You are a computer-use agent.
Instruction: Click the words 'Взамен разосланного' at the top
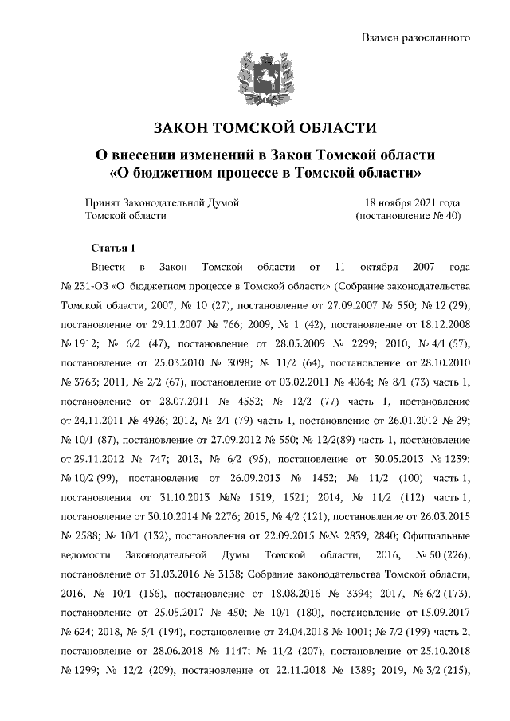(x=415, y=37)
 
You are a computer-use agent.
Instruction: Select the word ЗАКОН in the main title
(x=186, y=127)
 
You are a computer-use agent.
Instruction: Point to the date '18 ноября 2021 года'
(x=412, y=202)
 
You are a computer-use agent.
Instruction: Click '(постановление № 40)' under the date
(x=407, y=215)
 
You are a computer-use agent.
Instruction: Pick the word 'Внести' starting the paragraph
(x=108, y=267)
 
